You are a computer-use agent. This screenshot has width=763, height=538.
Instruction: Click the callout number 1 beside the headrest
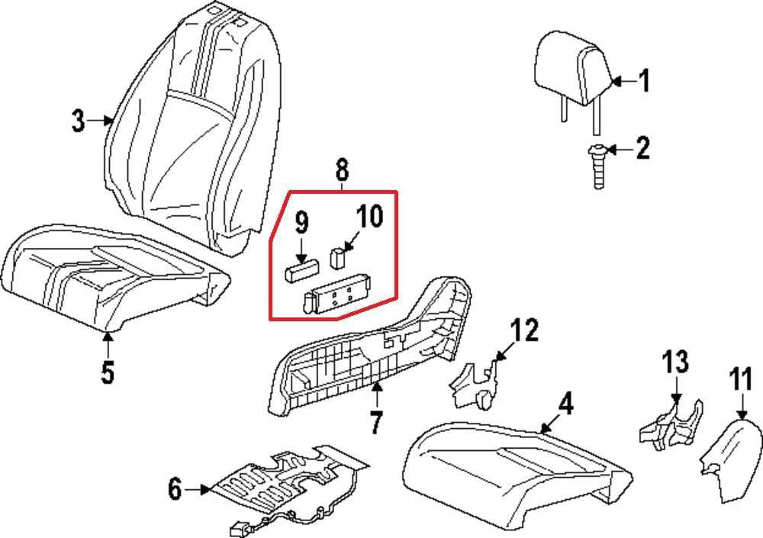644,80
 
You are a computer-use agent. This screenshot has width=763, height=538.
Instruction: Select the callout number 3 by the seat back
78,121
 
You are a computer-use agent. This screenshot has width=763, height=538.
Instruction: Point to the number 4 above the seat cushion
565,404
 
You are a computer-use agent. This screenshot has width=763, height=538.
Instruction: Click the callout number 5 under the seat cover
108,372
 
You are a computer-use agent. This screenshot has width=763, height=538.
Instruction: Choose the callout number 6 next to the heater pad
175,488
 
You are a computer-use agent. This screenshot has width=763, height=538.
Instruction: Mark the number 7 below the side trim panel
375,422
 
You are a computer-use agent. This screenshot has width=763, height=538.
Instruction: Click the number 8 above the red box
341,169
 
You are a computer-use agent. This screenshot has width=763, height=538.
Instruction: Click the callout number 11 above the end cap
741,379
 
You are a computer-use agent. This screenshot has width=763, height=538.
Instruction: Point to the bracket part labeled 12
473,382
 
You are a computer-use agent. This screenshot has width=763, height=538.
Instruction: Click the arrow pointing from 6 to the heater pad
199,489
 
